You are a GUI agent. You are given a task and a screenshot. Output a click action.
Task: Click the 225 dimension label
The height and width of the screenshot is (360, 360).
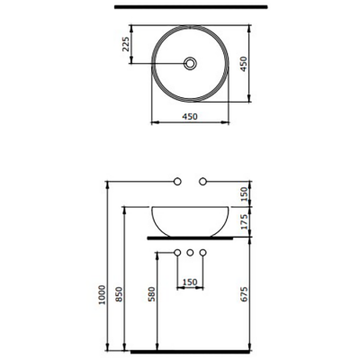tap(126, 45)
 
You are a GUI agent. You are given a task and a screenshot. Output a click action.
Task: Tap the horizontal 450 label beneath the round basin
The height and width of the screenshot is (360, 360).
tap(190, 117)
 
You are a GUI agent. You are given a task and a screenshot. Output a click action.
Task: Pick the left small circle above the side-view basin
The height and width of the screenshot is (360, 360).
tap(178, 183)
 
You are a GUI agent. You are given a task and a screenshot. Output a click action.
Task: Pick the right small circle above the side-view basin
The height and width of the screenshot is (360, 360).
tap(203, 183)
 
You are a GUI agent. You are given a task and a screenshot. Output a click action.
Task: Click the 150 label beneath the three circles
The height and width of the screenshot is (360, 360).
tap(190, 282)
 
